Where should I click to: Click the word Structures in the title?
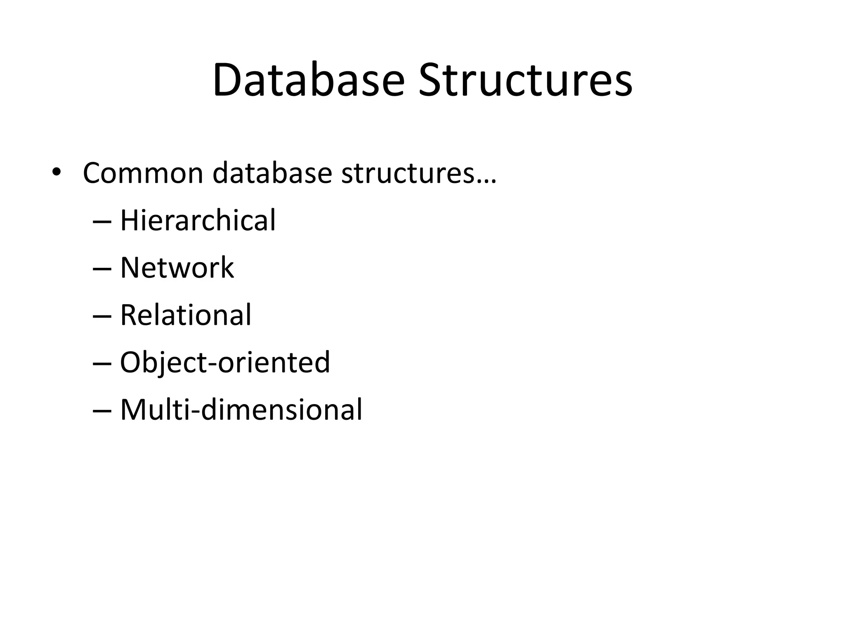click(x=525, y=80)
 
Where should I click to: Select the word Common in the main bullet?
click(x=143, y=173)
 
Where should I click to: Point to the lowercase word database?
click(x=272, y=173)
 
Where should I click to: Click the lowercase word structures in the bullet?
click(x=408, y=173)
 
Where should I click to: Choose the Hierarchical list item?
click(x=198, y=220)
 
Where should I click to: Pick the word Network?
click(x=177, y=268)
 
